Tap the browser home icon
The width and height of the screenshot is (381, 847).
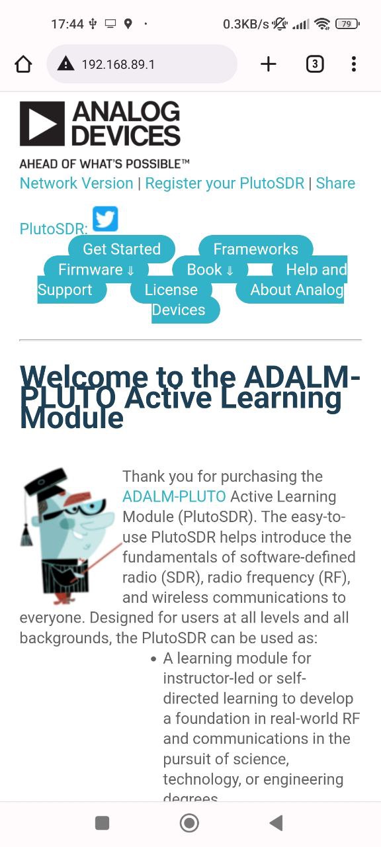point(23,64)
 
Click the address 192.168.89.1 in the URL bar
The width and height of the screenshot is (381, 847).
point(118,64)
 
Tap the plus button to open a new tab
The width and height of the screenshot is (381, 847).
point(269,64)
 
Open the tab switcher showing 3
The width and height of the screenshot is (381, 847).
point(315,64)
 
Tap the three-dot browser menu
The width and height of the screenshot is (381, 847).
point(353,64)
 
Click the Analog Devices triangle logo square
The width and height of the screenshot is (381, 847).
point(42,124)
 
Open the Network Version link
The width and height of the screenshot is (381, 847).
point(76,183)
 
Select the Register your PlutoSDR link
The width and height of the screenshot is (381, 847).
point(224,183)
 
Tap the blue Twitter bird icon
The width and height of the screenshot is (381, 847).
point(105,218)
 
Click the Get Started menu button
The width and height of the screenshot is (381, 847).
point(122,249)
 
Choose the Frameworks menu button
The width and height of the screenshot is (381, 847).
point(256,249)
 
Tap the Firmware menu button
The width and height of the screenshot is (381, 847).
point(96,269)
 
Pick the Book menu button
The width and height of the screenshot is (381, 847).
point(210,269)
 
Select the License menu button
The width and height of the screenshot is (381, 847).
point(171,290)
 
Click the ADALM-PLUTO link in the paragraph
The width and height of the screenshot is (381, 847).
point(174,496)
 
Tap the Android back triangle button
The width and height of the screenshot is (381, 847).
point(276,823)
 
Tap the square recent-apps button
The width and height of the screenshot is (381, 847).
point(102,823)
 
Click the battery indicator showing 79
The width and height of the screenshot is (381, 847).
point(347,24)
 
